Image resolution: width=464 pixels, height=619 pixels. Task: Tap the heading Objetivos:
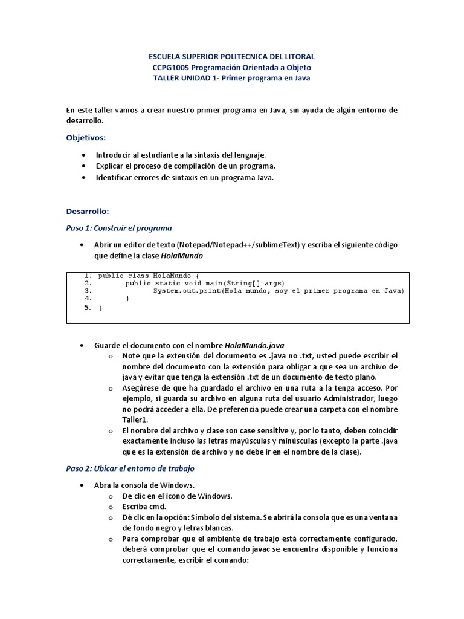pyautogui.click(x=86, y=137)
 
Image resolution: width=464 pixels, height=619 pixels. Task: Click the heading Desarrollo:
pyautogui.click(x=88, y=211)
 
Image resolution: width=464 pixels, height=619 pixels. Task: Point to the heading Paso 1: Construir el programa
pyautogui.click(x=119, y=228)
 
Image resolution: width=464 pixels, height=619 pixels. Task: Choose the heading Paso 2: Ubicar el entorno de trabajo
pyautogui.click(x=130, y=468)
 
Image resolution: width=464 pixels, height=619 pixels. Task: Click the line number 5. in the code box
pyautogui.click(x=87, y=308)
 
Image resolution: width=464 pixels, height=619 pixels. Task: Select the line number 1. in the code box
pyautogui.click(x=88, y=276)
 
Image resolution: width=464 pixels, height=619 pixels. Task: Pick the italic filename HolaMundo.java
pyautogui.click(x=254, y=345)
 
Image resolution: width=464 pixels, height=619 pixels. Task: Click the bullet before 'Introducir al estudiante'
pyautogui.click(x=82, y=155)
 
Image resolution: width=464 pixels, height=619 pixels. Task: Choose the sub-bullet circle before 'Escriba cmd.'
pyautogui.click(x=111, y=507)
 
